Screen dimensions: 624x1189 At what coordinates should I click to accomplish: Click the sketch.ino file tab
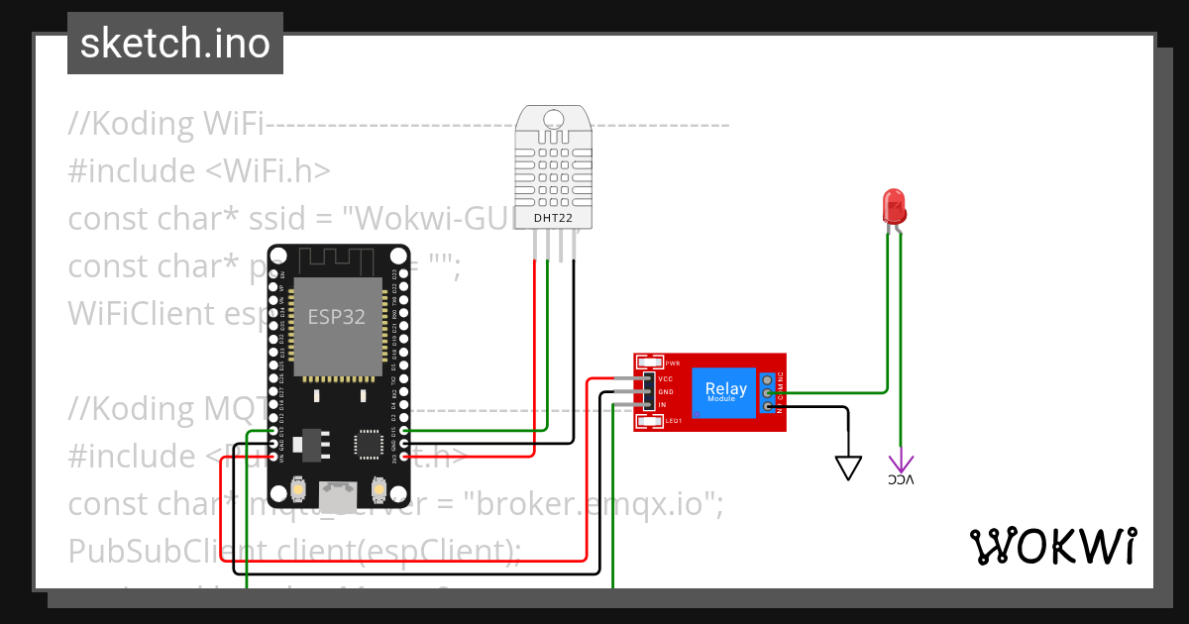pos(175,44)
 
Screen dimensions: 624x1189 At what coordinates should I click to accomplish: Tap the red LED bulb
pos(894,206)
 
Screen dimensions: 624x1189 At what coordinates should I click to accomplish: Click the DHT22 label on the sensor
pos(552,218)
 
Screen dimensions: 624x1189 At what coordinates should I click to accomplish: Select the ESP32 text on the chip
pos(336,318)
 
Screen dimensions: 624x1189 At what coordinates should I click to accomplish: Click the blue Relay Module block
pos(725,390)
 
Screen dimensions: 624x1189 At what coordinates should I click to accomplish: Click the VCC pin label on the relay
pos(666,378)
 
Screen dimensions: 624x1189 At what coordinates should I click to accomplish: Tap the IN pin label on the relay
pos(662,405)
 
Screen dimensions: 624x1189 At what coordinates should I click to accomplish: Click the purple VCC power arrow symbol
pos(901,463)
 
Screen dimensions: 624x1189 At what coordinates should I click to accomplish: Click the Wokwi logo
pos(1052,546)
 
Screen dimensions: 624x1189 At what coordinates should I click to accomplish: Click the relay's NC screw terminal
pos(768,379)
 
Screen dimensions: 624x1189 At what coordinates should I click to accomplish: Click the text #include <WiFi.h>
pos(198,170)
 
